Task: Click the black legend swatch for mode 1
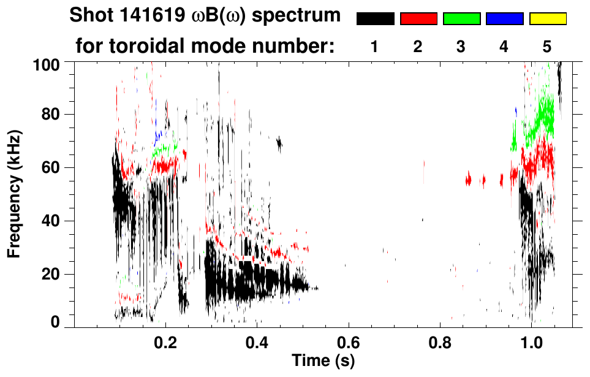[x=375, y=19]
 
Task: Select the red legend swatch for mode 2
[x=418, y=19]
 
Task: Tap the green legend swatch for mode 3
[x=461, y=19]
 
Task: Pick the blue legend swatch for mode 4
[x=504, y=19]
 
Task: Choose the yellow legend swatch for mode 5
[x=547, y=19]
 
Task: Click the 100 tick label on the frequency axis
[x=47, y=63]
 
